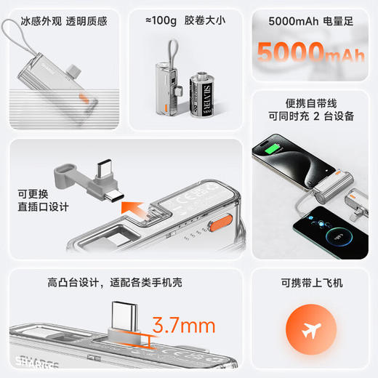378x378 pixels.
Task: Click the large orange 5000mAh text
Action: click(310, 53)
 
